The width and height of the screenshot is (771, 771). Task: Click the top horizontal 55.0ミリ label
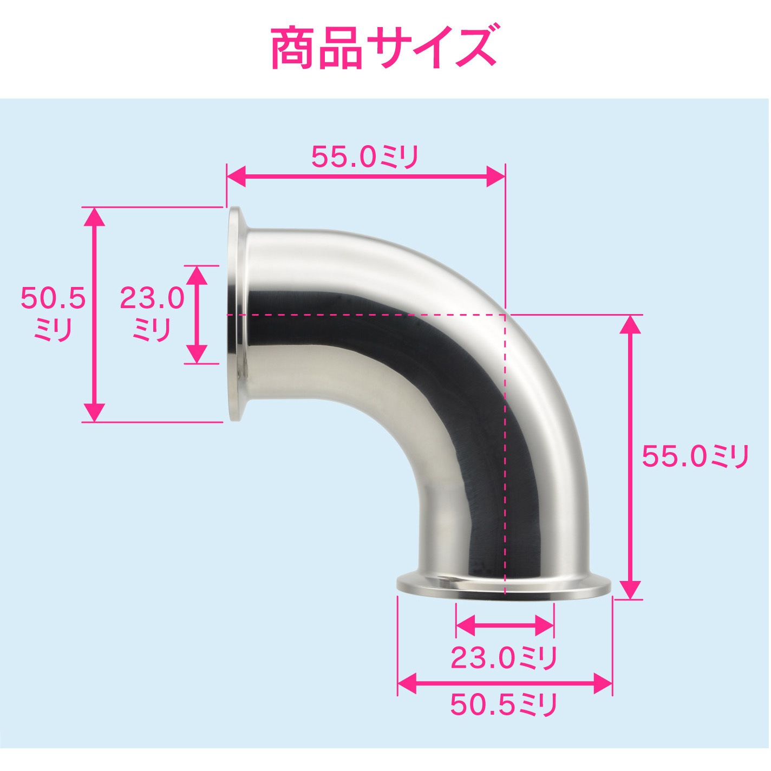coord(365,158)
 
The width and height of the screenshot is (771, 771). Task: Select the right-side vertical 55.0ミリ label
coord(695,456)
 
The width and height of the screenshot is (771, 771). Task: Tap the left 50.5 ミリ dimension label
coord(53,313)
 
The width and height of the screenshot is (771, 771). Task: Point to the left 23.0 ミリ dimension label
coord(152,313)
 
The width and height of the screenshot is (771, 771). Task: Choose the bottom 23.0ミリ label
coord(504,658)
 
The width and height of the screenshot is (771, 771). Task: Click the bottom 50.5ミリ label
coord(504,704)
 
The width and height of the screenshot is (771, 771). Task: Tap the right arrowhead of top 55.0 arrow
coord(495,177)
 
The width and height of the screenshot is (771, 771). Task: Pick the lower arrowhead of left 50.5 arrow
coord(95,413)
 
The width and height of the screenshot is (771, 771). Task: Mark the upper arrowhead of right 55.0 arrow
coord(630,324)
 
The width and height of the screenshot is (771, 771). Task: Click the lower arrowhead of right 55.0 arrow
coord(630,589)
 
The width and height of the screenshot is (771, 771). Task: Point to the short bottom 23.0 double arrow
coord(505,626)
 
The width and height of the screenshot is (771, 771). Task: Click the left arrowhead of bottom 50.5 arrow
coord(407,683)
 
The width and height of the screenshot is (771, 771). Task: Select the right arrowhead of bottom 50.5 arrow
coord(603,683)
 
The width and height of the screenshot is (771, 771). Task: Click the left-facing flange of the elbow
coord(237,314)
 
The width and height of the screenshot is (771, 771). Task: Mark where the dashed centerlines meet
coord(505,315)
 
